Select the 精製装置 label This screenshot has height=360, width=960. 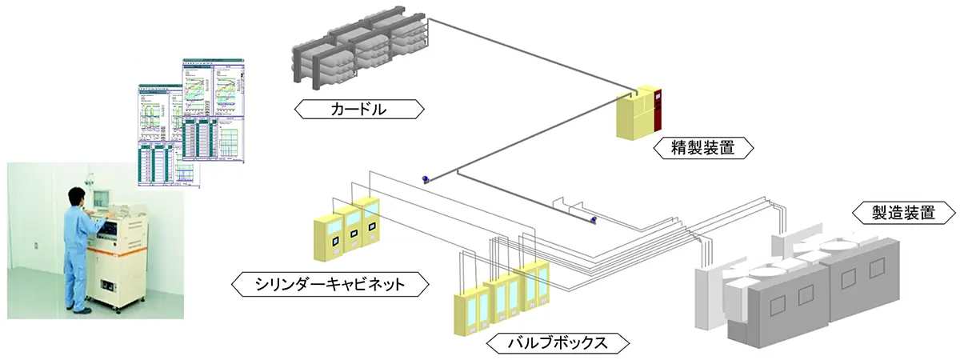click(704, 148)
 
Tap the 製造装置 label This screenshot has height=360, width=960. click(902, 213)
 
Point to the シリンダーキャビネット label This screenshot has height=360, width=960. click(329, 283)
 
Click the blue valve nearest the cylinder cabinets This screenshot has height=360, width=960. click(427, 178)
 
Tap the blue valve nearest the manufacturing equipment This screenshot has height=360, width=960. click(592, 218)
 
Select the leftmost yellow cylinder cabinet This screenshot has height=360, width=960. click(328, 237)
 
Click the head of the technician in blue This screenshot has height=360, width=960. click(74, 194)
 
